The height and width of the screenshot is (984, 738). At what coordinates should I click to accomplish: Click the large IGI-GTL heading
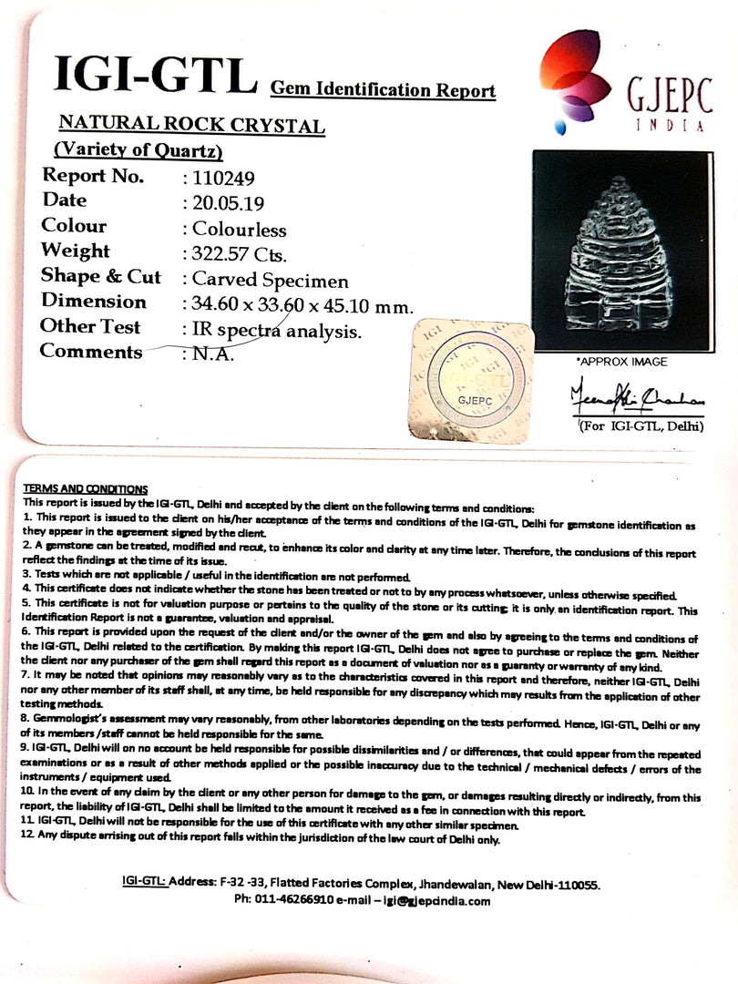[x=155, y=76]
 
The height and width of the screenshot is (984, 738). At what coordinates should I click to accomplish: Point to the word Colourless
[x=239, y=229]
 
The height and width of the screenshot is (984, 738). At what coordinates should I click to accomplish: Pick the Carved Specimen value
[x=270, y=281]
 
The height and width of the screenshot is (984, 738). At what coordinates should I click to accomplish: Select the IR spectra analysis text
[x=277, y=331]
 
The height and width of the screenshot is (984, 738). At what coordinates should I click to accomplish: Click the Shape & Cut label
[x=101, y=277]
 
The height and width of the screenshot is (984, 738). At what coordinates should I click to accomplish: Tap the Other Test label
[x=91, y=326]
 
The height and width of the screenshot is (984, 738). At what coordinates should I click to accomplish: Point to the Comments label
[x=92, y=352]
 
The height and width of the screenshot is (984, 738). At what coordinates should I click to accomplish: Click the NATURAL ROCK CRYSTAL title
[x=191, y=126]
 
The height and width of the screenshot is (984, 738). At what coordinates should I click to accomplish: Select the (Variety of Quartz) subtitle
[x=138, y=150]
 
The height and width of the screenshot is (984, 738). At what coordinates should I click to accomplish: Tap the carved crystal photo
[x=620, y=250]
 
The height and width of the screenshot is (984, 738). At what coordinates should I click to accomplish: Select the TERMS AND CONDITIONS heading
[x=86, y=489]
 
